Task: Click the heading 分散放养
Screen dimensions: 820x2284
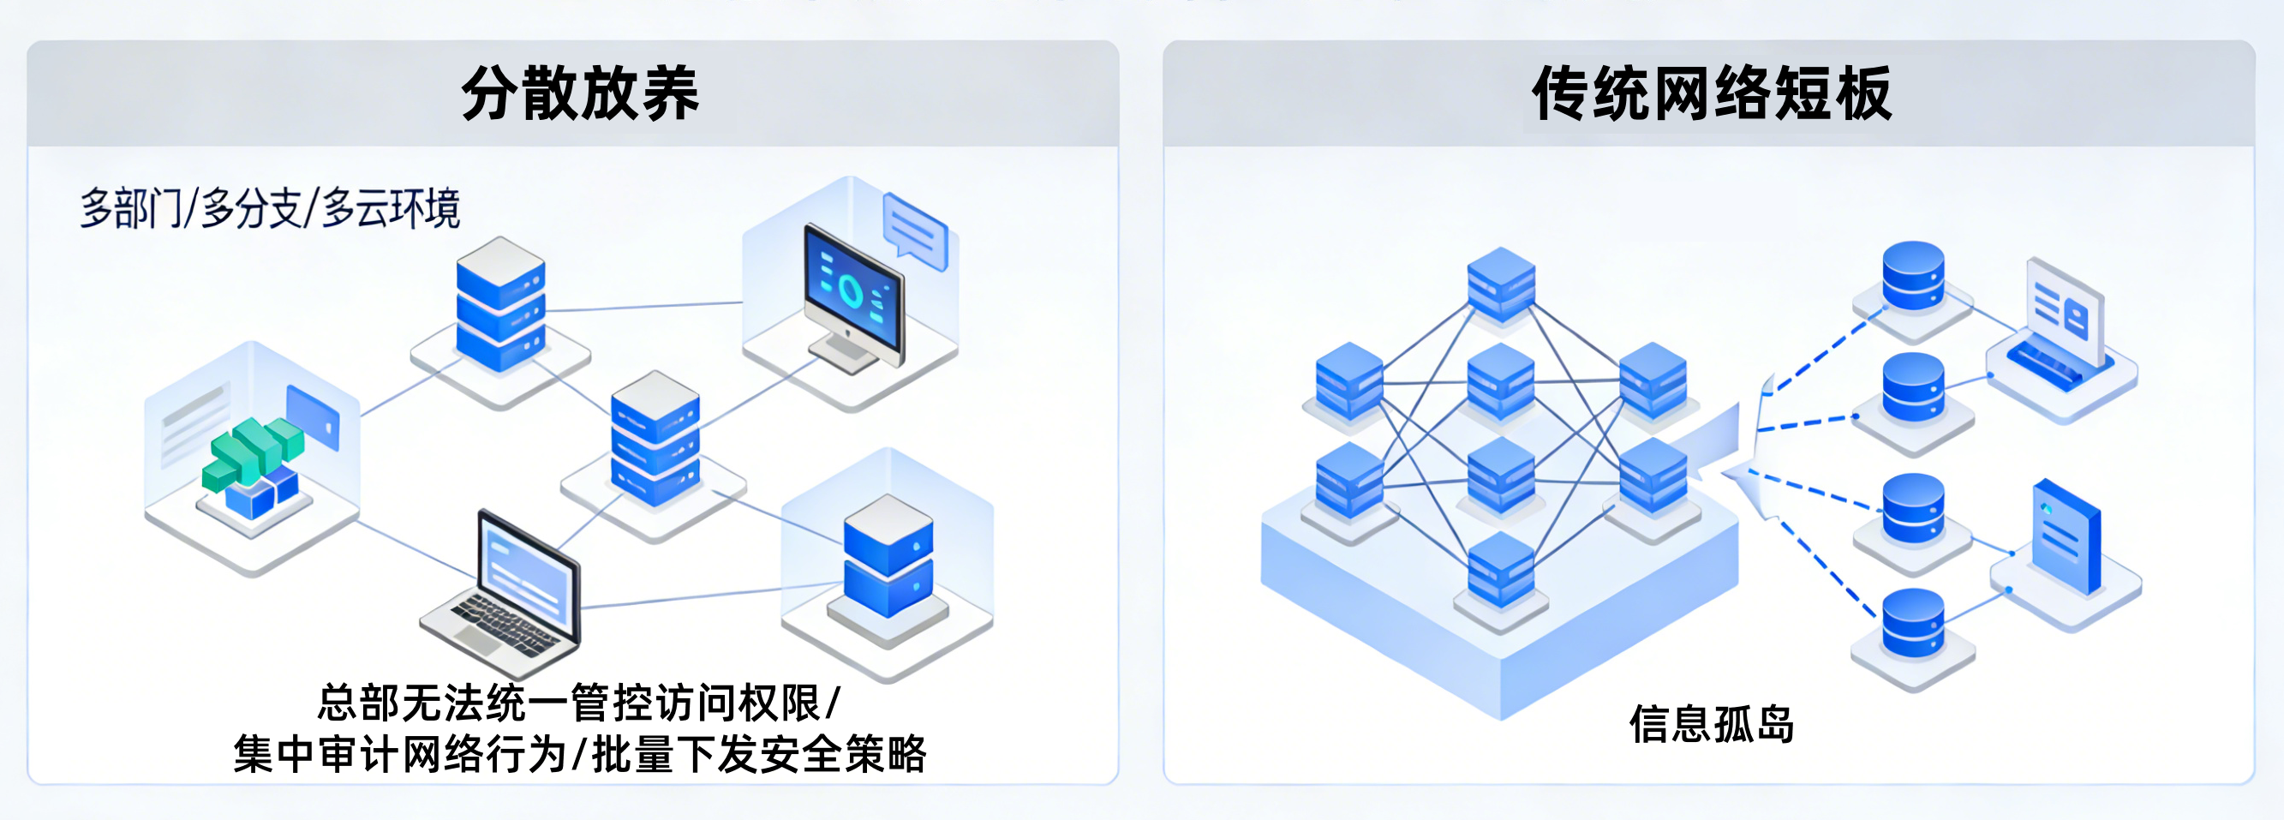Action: click(x=580, y=94)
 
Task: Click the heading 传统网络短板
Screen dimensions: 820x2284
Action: click(x=1711, y=94)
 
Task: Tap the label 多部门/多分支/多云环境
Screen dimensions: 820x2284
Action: click(x=270, y=209)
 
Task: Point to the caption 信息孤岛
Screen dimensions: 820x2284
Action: click(x=1711, y=724)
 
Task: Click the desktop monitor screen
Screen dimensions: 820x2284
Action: click(x=853, y=288)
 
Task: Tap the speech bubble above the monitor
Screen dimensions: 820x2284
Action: click(x=915, y=230)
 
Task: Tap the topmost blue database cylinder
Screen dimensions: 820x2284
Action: click(x=1912, y=275)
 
